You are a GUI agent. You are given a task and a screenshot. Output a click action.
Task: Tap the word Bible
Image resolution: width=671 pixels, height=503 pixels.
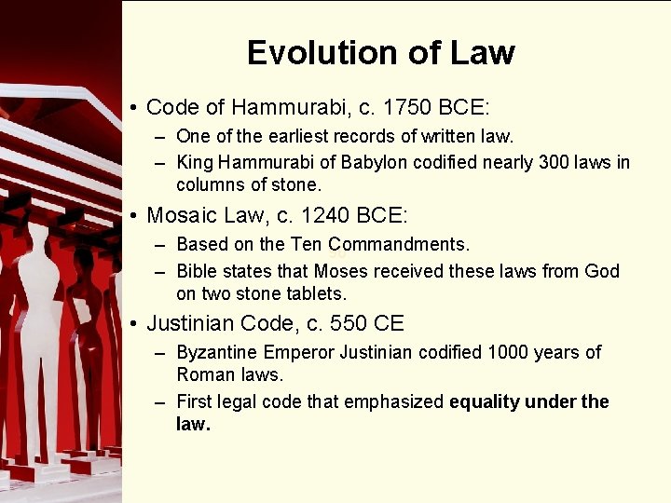[197, 271]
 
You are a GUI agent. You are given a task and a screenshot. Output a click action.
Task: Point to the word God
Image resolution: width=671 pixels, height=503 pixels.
[601, 271]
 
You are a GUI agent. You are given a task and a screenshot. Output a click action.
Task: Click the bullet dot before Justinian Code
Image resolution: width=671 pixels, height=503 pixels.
[135, 325]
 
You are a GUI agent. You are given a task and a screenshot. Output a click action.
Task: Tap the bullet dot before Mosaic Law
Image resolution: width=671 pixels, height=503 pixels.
[135, 217]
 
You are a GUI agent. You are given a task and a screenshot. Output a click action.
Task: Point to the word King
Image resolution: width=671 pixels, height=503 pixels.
[194, 162]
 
